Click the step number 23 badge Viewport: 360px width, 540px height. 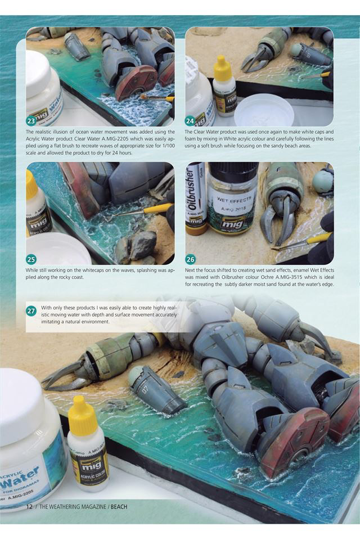tap(31, 121)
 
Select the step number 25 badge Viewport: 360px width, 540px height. tap(31, 259)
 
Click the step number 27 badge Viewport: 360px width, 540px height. tap(31, 311)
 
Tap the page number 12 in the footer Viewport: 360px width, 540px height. tap(29, 507)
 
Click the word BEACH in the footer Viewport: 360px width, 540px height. tap(119, 507)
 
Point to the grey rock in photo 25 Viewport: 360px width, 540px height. tap(142, 244)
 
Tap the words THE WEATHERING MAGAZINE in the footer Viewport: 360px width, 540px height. tap(73, 507)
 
